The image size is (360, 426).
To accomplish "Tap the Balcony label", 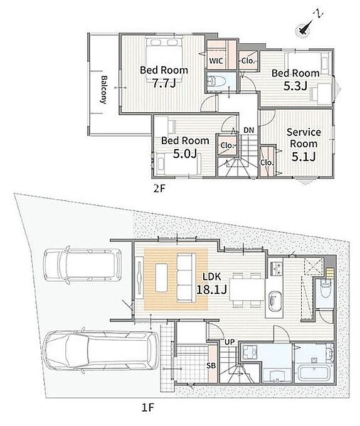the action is (x=103, y=90).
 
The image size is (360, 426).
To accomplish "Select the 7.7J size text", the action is (x=164, y=83).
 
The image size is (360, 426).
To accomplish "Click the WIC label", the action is (x=216, y=61).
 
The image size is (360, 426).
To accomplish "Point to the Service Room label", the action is (x=304, y=138).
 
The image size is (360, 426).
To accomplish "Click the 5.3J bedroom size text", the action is (x=295, y=86).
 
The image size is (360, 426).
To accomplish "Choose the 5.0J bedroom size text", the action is (x=185, y=153).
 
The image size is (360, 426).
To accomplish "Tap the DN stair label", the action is (x=248, y=130).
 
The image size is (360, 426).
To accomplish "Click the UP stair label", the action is (x=229, y=342).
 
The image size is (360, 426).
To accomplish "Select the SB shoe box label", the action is (x=211, y=365).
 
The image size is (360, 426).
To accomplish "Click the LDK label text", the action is (x=212, y=276).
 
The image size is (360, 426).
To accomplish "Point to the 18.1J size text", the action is (x=211, y=289).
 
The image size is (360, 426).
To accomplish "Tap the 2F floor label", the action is (x=159, y=188).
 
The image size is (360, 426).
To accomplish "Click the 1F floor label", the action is (x=148, y=408).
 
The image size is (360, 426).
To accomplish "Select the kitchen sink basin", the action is (x=275, y=302).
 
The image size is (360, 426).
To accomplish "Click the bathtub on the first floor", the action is (x=314, y=373).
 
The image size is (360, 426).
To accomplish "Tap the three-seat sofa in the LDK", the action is (x=186, y=278).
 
